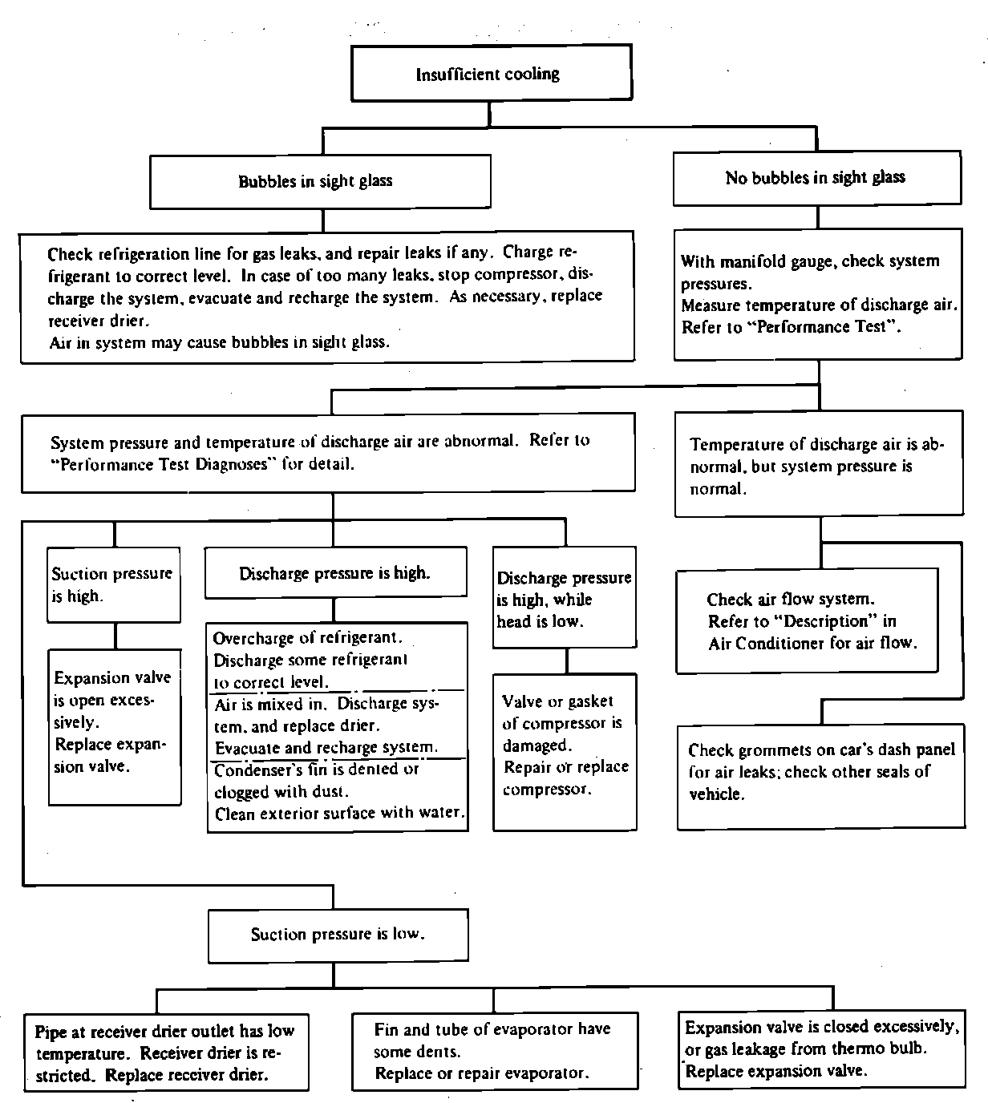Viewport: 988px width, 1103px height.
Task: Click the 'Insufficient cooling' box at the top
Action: click(492, 73)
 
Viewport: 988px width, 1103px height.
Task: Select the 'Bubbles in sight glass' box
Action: click(320, 181)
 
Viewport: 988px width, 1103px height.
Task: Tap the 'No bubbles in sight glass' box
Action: click(817, 178)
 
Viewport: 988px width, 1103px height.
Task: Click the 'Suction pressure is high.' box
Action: click(114, 584)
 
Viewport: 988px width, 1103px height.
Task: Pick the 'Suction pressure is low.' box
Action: click(338, 935)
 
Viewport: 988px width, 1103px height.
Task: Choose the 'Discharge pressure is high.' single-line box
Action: click(335, 572)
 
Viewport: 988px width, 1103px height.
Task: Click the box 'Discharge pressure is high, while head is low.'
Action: click(565, 597)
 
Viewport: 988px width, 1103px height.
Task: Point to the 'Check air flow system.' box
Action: click(808, 620)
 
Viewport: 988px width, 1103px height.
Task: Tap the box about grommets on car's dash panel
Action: click(821, 776)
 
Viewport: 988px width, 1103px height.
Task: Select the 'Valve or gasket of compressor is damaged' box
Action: click(565, 752)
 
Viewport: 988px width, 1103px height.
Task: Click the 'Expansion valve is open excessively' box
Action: click(115, 727)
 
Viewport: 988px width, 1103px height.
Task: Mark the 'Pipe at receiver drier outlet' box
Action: click(167, 1052)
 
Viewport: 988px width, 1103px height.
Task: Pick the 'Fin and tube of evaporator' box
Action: click(495, 1051)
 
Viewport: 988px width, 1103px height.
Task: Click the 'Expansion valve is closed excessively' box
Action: click(822, 1049)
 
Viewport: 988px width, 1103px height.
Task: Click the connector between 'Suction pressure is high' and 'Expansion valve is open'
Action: click(115, 636)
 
